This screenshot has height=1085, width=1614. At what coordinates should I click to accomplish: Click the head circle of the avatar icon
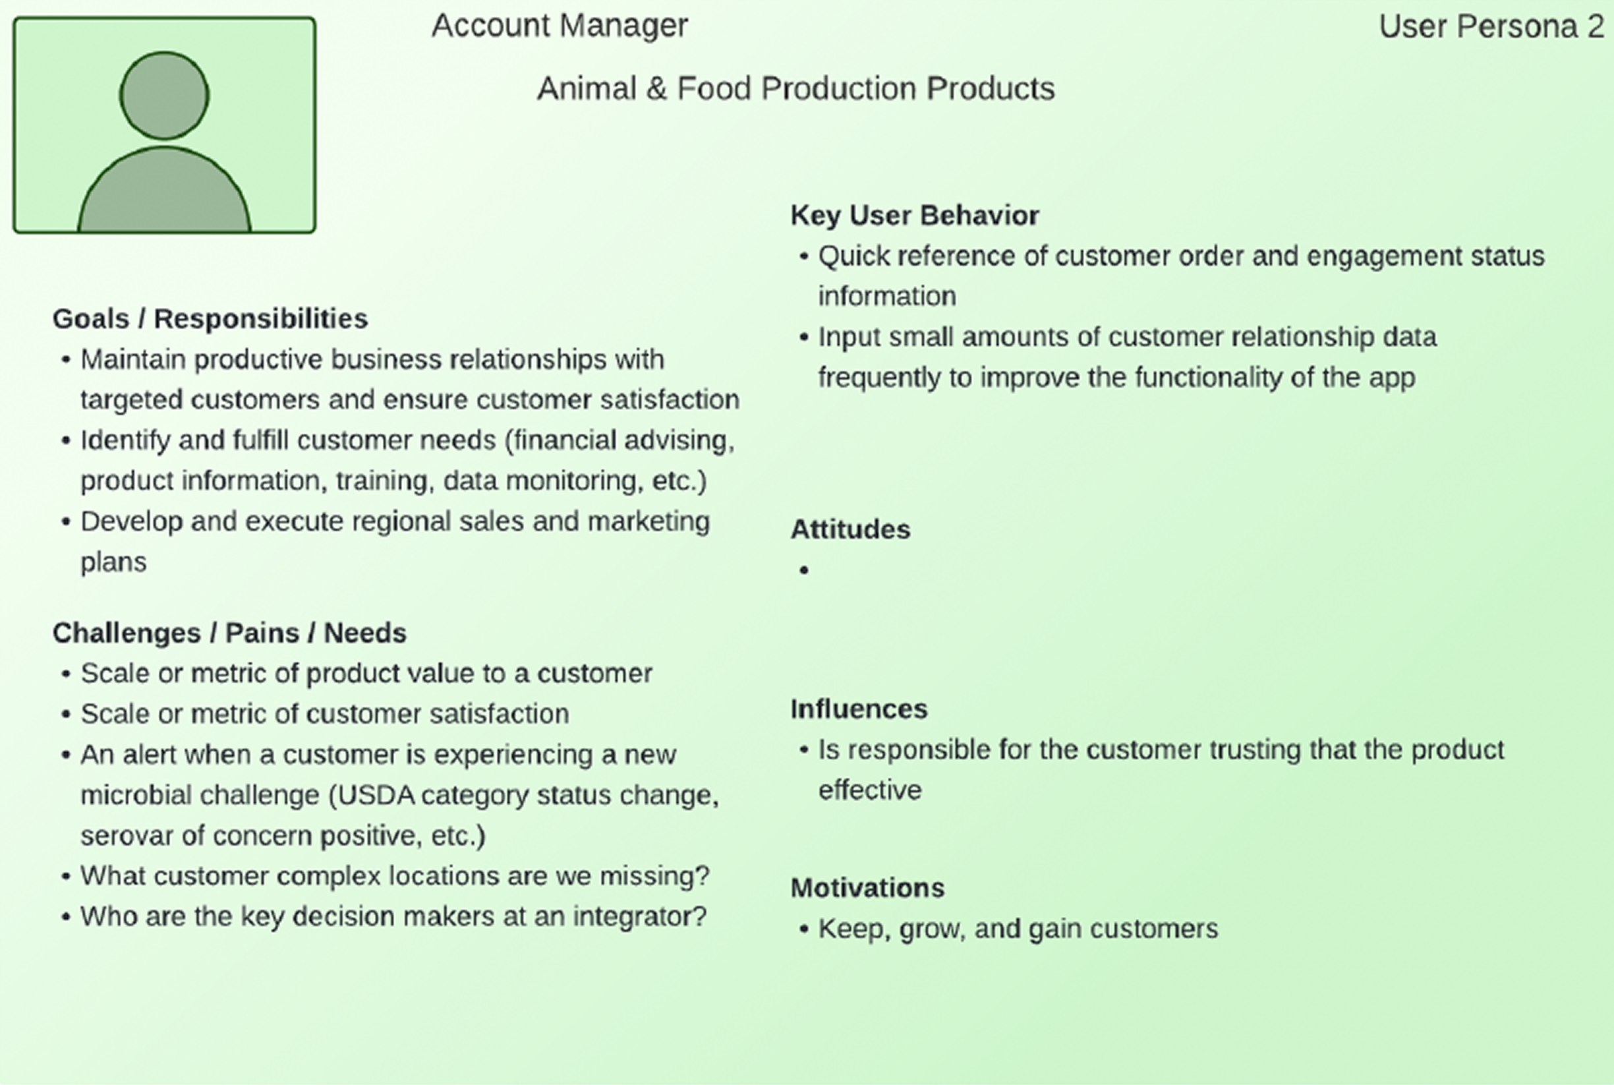(164, 95)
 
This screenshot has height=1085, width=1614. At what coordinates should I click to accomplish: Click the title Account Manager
(560, 26)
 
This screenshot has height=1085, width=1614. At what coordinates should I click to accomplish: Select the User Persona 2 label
(1491, 27)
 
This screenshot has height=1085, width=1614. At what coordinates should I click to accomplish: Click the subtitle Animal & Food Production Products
(795, 88)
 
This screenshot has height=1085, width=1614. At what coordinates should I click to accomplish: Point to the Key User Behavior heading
(914, 215)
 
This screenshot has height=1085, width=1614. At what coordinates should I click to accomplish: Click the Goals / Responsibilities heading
(210, 319)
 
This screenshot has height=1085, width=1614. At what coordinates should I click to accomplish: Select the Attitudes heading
(850, 529)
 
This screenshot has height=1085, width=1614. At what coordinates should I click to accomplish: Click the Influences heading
(859, 709)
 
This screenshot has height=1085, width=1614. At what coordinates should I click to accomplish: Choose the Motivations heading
(867, 888)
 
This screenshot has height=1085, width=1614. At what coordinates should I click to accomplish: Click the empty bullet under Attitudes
(804, 571)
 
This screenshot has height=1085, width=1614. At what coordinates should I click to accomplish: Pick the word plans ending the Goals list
(113, 562)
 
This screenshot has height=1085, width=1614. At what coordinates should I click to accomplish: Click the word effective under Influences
(869, 790)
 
